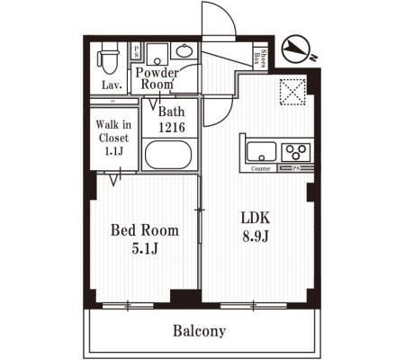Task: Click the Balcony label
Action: point(200,330)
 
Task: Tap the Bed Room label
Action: point(144,230)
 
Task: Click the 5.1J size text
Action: point(144,248)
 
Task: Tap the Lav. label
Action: point(111,85)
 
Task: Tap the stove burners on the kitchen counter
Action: point(297,150)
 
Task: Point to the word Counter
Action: point(261,168)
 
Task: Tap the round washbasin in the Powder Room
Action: point(184,49)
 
